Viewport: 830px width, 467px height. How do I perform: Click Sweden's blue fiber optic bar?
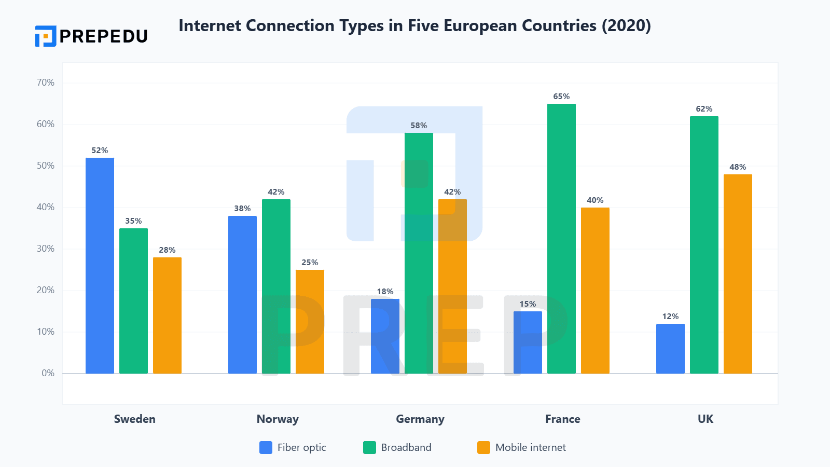tap(100, 266)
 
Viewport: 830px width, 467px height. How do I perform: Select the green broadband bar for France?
tap(561, 239)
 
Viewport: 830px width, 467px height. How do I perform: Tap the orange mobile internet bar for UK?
tap(738, 274)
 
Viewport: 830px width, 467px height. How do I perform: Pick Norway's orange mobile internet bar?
tap(310, 322)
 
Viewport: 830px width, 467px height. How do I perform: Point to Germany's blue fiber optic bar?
tap(385, 336)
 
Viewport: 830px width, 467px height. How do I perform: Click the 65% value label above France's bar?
tap(561, 97)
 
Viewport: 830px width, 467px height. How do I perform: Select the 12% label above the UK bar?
tap(670, 317)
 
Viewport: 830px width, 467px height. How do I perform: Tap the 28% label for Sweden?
tap(167, 250)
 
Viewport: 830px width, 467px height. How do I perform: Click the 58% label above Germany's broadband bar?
tap(419, 126)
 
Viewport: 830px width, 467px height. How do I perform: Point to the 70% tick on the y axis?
tap(46, 83)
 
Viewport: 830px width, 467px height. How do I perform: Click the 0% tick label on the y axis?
tap(48, 373)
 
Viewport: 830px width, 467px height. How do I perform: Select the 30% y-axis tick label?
tap(46, 249)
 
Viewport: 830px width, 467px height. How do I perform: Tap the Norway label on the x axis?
tap(278, 419)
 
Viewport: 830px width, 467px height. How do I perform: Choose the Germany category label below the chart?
tap(420, 419)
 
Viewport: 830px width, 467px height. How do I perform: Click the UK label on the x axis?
tap(706, 419)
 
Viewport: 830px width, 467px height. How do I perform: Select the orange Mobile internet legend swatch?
tap(483, 447)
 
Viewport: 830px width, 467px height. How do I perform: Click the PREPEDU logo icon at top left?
tap(46, 36)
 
